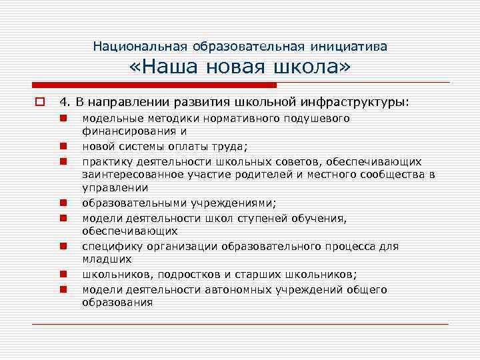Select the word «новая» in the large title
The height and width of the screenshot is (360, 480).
pos(243,68)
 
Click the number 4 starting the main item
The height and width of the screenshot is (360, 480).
pos(63,103)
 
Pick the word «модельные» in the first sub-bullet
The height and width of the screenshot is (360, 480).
pos(107,118)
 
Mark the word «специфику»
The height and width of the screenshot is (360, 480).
pos(109,246)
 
